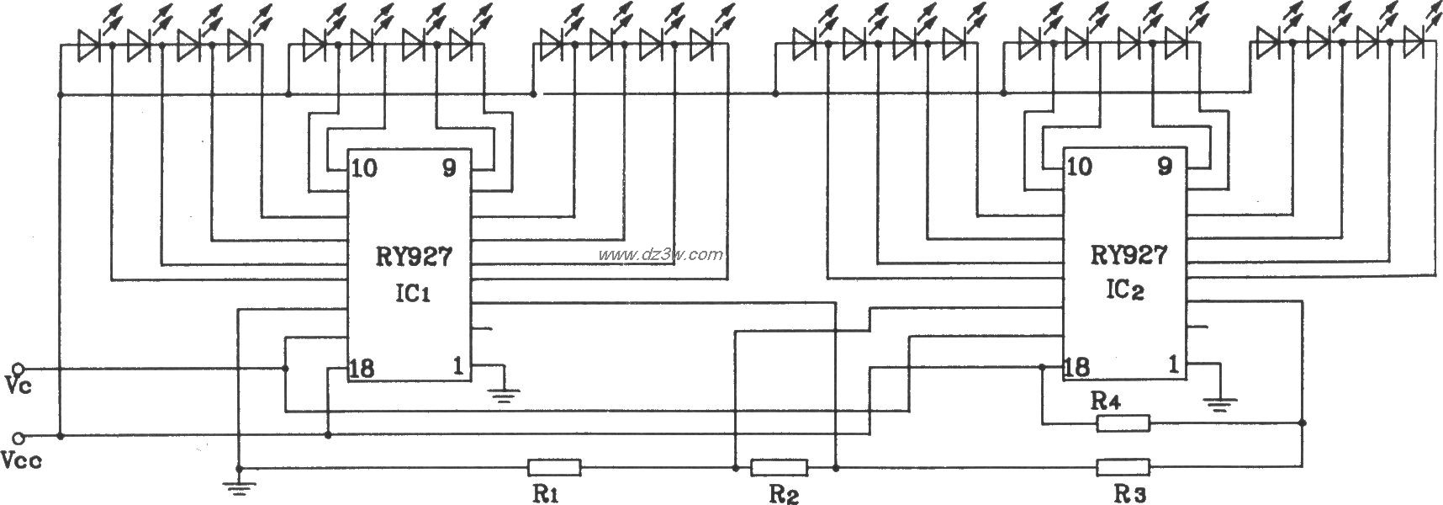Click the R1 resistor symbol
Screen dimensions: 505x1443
click(554, 467)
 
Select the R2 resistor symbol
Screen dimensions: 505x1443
click(779, 467)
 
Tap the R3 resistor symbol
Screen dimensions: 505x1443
click(1123, 467)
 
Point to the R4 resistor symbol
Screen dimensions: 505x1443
click(1123, 423)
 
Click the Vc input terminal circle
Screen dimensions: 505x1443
click(19, 368)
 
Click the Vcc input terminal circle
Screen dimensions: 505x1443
click(19, 437)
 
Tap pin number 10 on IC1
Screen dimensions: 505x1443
click(364, 168)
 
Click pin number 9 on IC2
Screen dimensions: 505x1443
click(1165, 167)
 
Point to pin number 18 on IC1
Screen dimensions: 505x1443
click(364, 368)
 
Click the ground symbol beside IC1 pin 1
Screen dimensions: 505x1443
click(505, 392)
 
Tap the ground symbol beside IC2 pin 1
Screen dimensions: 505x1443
click(1219, 404)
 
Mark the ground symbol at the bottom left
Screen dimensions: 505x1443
click(239, 482)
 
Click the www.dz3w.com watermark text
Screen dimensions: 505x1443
click(658, 254)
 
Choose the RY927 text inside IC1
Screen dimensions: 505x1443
click(412, 257)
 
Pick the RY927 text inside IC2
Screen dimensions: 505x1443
click(1128, 255)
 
